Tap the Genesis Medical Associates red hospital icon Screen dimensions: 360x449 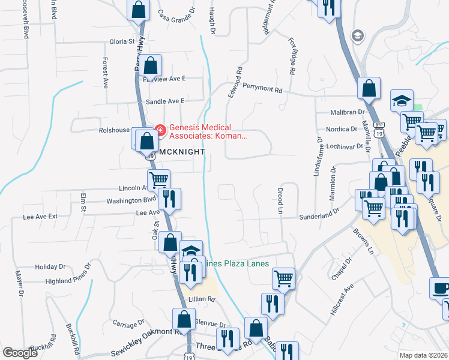pos(160,128)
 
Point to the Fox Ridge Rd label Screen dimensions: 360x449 pos(292,56)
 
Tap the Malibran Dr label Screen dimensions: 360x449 pos(348,112)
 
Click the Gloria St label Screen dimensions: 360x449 pos(122,41)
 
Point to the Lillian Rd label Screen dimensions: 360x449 pos(202,299)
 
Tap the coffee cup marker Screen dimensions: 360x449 pos(441,288)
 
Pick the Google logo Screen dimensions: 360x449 pos(20,353)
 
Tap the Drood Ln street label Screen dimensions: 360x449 pos(280,201)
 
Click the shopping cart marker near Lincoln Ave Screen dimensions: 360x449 pos(158,179)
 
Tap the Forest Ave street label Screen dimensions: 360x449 pos(105,73)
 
